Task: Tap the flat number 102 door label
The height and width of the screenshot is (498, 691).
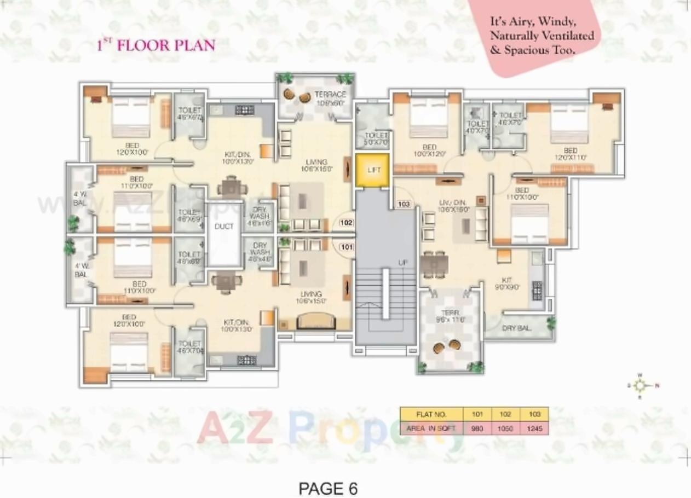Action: pyautogui.click(x=346, y=223)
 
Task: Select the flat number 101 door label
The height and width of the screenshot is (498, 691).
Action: pyautogui.click(x=346, y=247)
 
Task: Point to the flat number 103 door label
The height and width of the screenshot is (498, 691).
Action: pyautogui.click(x=404, y=204)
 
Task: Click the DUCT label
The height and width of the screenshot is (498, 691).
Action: pyautogui.click(x=224, y=227)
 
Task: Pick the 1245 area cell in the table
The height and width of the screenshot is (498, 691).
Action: pyautogui.click(x=534, y=428)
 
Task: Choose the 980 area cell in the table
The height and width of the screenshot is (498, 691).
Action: pyautogui.click(x=477, y=428)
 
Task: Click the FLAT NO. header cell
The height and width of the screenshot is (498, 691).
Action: pyautogui.click(x=431, y=414)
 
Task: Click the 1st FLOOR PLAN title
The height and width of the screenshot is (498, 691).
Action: pyautogui.click(x=156, y=45)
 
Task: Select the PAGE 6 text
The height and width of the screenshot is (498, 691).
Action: pyautogui.click(x=328, y=488)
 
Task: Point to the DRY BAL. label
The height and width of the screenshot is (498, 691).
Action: pyautogui.click(x=516, y=328)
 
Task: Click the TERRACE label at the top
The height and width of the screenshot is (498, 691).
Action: pyautogui.click(x=330, y=95)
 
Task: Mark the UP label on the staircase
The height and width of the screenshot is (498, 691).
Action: pyautogui.click(x=403, y=263)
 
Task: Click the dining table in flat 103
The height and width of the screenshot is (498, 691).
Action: pyautogui.click(x=434, y=264)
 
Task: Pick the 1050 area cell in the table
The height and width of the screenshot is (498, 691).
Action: pyautogui.click(x=505, y=428)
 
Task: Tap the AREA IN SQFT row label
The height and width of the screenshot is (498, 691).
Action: pyautogui.click(x=431, y=428)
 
